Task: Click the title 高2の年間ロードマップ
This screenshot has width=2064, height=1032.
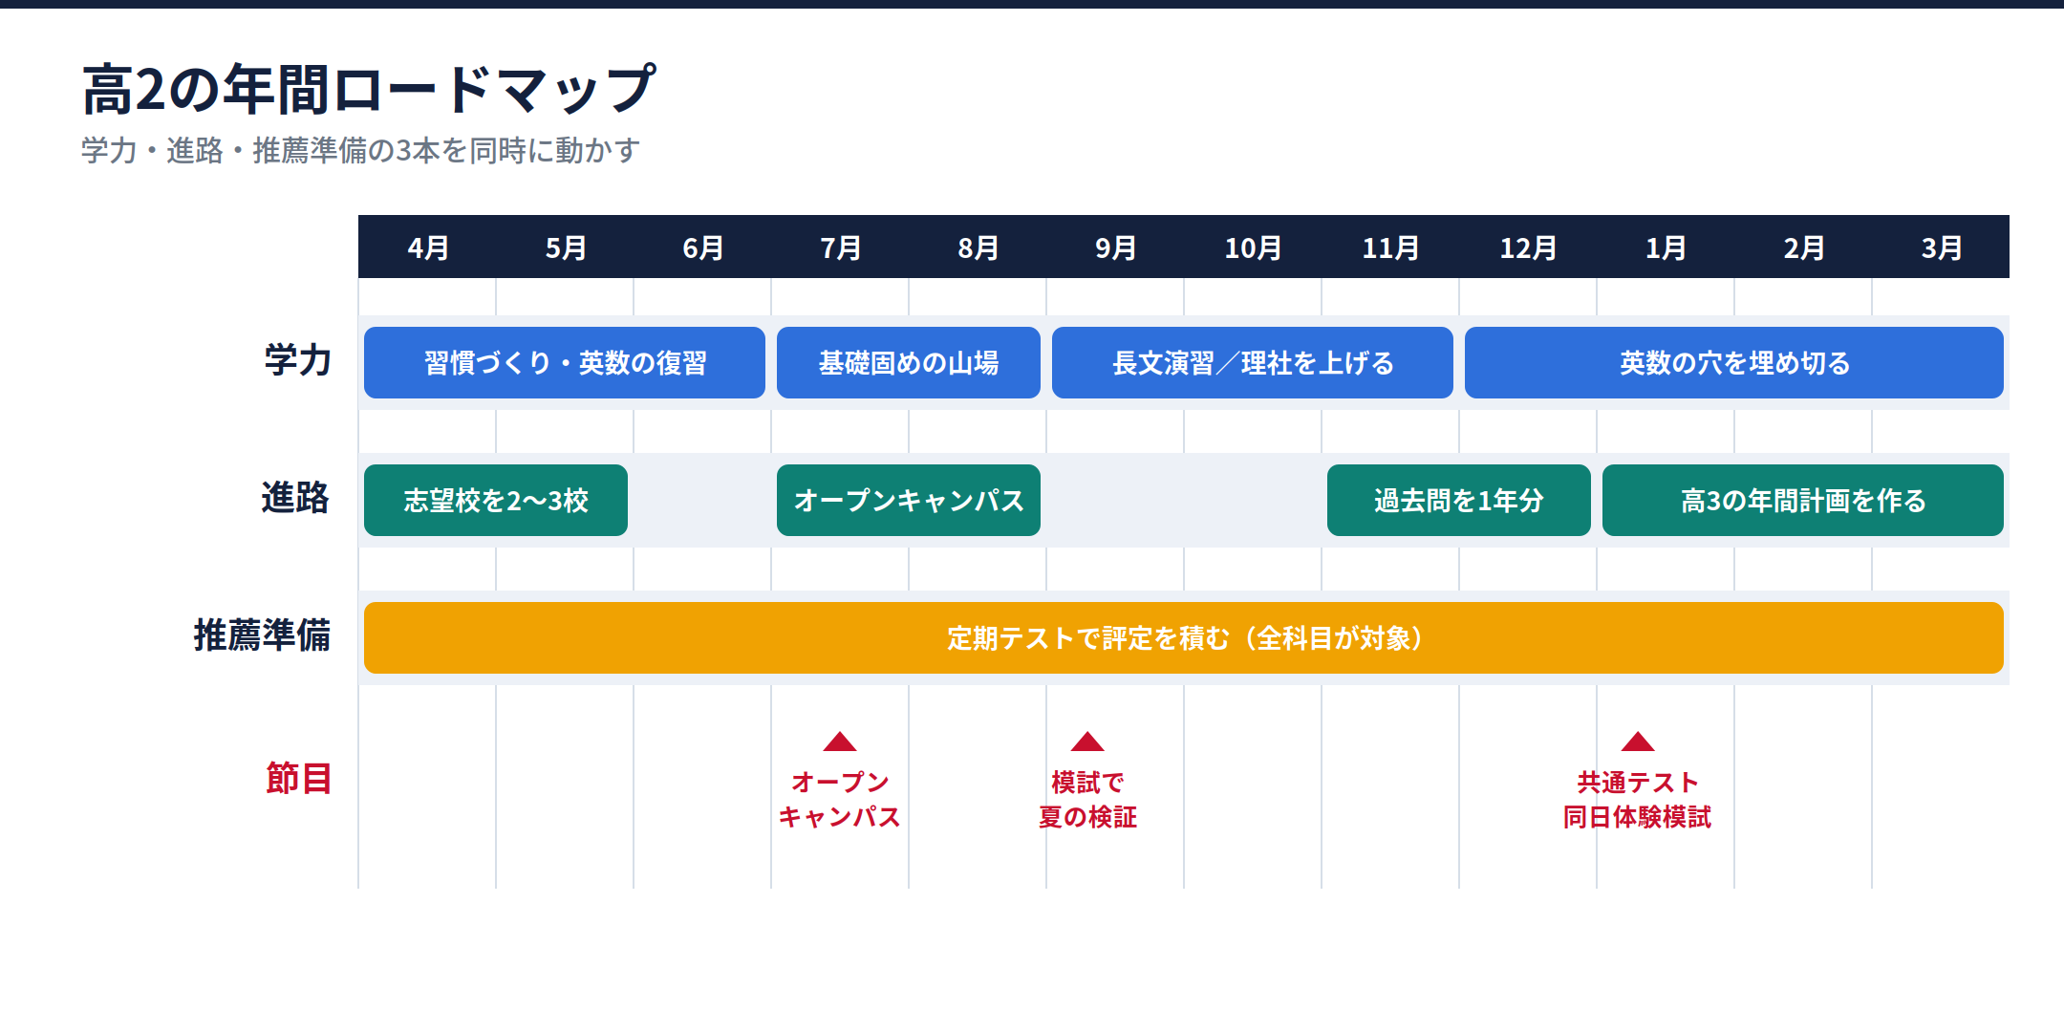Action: click(369, 90)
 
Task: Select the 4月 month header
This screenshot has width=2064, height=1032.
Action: click(428, 248)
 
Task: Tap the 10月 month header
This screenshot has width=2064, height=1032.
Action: click(1253, 248)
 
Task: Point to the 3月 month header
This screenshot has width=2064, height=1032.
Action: click(1941, 248)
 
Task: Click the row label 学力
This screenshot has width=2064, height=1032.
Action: click(298, 360)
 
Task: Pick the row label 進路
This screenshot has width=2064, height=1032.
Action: click(296, 498)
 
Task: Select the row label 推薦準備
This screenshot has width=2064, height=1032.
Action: click(262, 635)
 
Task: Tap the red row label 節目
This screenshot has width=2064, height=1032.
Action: click(298, 778)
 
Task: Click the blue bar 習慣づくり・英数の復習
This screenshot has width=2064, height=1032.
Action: click(565, 362)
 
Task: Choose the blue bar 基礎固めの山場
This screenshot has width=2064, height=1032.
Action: click(909, 362)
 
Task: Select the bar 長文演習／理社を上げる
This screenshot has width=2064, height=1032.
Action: click(1253, 362)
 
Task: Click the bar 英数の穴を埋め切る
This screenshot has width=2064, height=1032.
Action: click(1734, 362)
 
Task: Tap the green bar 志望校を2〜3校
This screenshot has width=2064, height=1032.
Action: click(496, 500)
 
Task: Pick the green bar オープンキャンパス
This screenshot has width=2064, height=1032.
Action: click(909, 500)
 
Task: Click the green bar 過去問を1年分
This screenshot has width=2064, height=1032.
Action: click(1459, 500)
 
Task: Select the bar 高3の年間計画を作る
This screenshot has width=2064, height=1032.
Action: click(1803, 500)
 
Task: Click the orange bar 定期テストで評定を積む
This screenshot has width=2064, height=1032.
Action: click(1184, 637)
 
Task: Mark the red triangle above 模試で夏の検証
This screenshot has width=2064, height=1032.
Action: click(1087, 742)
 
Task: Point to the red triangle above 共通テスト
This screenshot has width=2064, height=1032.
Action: click(1638, 742)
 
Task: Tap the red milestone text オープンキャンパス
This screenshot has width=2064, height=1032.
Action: click(840, 800)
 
